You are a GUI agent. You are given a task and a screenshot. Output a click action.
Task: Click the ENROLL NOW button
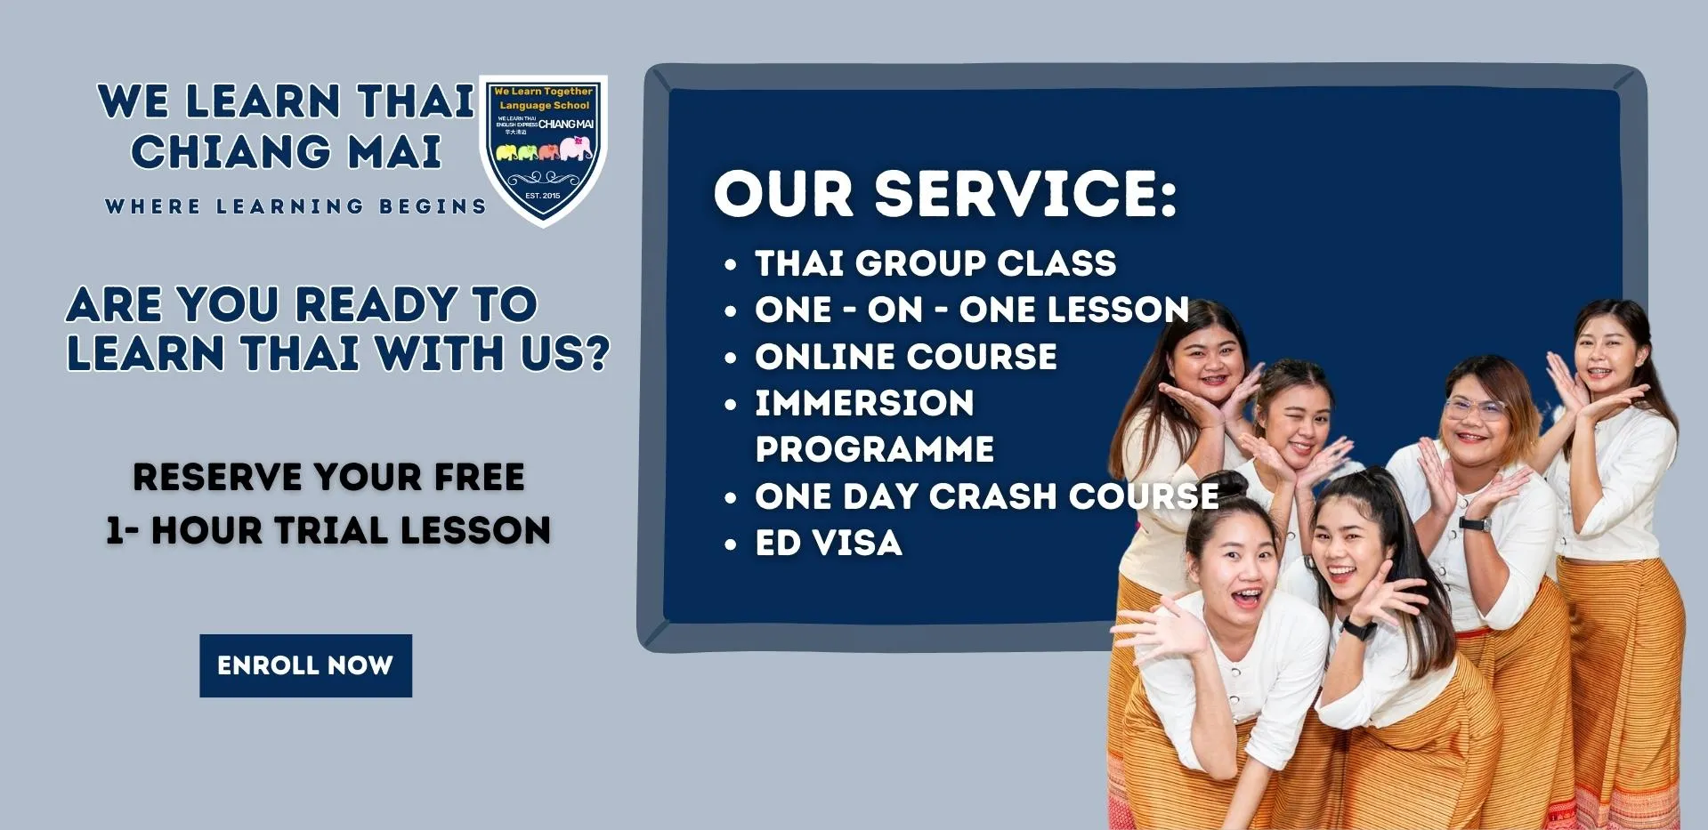305,665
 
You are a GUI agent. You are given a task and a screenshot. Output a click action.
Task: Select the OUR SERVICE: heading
944,193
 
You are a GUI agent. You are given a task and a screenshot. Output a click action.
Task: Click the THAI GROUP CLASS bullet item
935,263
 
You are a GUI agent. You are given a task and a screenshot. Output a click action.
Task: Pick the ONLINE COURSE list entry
905,357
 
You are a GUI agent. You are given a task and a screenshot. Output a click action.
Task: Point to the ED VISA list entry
829,544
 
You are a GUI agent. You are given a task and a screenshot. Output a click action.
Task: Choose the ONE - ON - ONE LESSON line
971,310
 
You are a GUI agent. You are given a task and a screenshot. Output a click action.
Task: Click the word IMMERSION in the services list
864,403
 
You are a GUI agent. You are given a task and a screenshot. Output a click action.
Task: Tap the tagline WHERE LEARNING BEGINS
295,206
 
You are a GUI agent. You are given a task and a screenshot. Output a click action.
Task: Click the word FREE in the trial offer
479,478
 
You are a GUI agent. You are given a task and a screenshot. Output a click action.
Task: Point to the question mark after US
598,353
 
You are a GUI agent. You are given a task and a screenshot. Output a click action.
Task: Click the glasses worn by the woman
1474,409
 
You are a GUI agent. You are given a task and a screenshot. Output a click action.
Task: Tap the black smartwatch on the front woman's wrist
1358,628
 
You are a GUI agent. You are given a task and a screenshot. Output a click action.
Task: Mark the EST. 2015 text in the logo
543,195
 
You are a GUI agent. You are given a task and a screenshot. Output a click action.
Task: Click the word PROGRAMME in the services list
874,449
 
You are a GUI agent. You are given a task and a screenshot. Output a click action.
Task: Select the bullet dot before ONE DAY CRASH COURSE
731,497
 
